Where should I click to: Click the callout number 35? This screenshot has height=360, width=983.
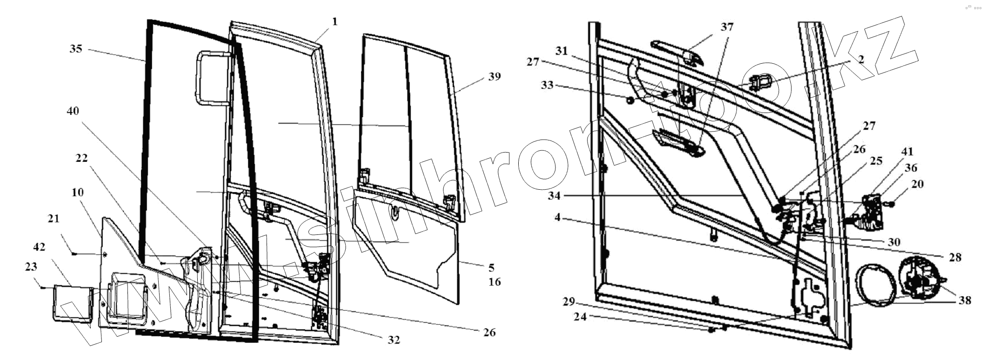pos(76,48)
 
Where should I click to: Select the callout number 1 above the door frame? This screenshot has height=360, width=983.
pos(335,21)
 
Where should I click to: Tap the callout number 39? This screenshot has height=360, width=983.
pos(494,76)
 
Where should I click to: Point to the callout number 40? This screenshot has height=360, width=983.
pos(73,111)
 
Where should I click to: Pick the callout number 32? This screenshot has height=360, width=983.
pos(394,340)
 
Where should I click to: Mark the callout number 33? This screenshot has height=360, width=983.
pos(548,85)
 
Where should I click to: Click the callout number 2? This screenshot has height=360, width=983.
pos(861,59)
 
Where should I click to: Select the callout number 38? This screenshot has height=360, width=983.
pos(965,300)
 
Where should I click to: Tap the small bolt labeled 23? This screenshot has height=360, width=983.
pos(43,287)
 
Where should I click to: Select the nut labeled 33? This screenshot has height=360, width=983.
pos(630,100)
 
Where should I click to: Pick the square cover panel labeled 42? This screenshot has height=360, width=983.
pos(71,303)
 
